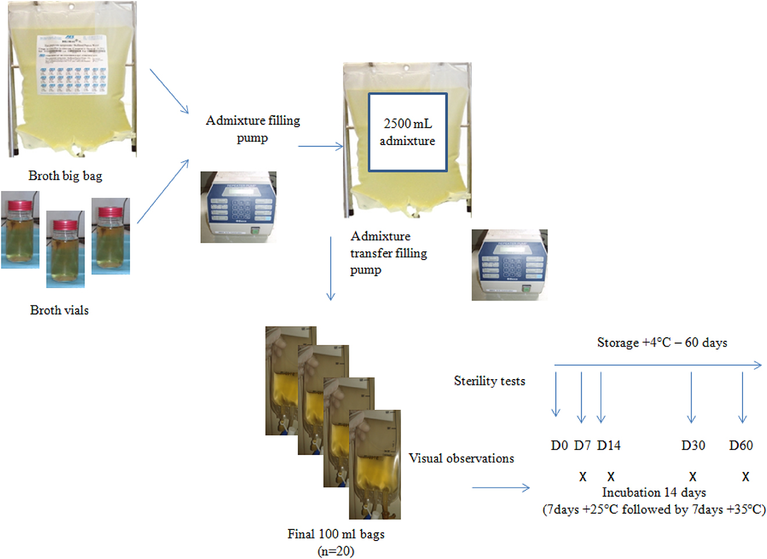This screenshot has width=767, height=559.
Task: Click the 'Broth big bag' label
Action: (x=65, y=176)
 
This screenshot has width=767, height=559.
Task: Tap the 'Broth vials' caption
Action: (x=59, y=310)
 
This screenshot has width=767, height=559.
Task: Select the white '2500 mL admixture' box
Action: (x=407, y=132)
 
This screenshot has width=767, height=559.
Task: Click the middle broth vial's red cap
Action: (x=65, y=225)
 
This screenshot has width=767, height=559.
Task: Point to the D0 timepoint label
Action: (x=559, y=445)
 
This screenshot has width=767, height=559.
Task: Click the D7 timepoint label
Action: (x=582, y=445)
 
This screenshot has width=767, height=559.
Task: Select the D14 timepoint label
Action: (x=608, y=445)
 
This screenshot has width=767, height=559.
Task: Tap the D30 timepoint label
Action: (x=693, y=445)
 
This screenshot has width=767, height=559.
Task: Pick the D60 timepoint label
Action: (x=741, y=445)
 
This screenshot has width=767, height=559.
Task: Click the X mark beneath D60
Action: (x=746, y=477)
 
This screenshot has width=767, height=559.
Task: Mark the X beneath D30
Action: (x=693, y=477)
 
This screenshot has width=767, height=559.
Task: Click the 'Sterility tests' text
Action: (x=489, y=381)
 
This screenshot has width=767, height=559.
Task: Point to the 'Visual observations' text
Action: (x=461, y=458)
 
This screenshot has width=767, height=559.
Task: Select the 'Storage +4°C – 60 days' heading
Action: (x=662, y=342)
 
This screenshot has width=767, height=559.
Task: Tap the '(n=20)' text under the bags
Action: (x=336, y=551)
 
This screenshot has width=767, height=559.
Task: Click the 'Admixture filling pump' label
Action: (x=253, y=128)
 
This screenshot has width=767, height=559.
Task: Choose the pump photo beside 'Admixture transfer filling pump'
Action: (x=509, y=265)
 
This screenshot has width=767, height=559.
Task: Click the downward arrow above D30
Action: (x=691, y=397)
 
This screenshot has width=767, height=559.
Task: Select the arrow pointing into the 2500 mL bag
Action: (x=321, y=146)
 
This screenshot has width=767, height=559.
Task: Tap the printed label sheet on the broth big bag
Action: (x=72, y=65)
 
